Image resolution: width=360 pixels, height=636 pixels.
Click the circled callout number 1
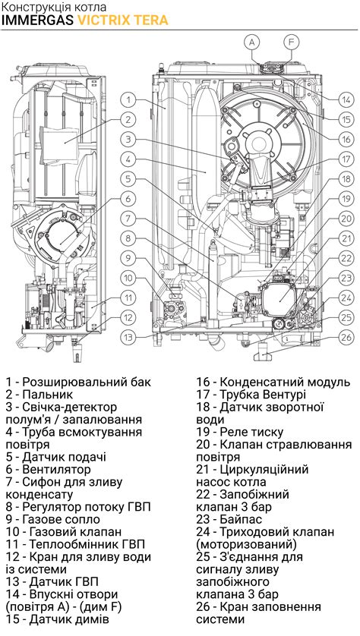(130, 99)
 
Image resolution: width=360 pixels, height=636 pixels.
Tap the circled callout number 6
(130, 199)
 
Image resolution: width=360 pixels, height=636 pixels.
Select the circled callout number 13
(130, 337)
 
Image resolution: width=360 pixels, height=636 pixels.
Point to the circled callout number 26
(346, 337)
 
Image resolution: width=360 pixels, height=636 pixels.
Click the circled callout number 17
(346, 159)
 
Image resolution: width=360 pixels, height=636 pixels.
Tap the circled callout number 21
(346, 238)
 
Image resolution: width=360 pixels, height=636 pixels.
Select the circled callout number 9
(130, 258)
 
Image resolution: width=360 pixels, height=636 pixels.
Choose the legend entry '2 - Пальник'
(39, 395)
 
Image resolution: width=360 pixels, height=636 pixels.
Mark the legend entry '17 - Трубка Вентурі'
(251, 395)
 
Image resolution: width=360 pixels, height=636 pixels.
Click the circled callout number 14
(346, 99)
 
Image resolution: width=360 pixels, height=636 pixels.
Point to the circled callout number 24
(346, 298)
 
